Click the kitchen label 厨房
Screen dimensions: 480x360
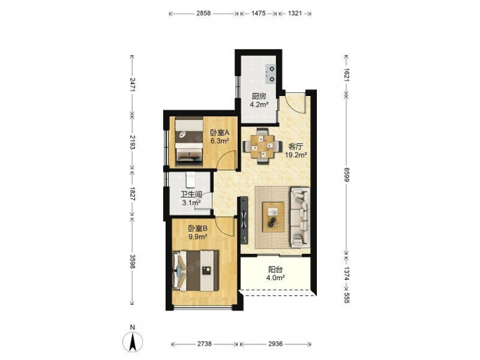pos(259,96)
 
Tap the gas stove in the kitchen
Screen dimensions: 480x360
pos(271,74)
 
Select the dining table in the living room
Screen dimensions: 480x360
pos(262,146)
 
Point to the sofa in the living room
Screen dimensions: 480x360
pos(300,217)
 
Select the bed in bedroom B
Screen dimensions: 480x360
pos(196,271)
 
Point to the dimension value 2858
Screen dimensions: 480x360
pos(203,13)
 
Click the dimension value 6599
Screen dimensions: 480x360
pos(346,175)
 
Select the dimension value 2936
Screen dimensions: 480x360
pos(275,344)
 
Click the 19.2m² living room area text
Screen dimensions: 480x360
pos(296,155)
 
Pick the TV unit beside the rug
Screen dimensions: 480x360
pos(244,220)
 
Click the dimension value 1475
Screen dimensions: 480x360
pos(258,13)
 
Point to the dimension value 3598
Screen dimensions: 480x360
pos(132,261)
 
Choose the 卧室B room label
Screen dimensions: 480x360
pos(198,228)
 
